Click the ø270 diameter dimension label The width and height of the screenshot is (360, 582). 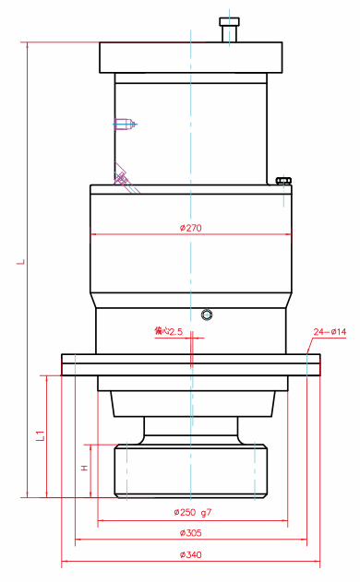pos(190,228)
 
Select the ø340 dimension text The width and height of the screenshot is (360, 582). pos(190,555)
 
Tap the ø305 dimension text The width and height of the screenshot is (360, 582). pos(190,533)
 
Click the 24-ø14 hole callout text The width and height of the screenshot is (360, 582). pos(330,331)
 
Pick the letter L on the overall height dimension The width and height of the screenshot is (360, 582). pos(20,262)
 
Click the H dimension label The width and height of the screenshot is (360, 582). pos(85,469)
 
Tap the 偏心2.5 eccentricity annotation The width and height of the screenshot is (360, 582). pos(169,330)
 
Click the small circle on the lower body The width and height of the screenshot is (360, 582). pos(206,315)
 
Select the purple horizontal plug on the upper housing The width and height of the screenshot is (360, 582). pos(125,124)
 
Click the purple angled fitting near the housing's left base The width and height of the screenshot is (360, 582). pos(123,178)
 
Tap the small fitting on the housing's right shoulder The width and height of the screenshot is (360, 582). pos(282,180)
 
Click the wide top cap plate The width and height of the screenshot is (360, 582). pos(190,58)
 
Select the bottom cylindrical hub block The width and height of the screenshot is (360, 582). pos(190,470)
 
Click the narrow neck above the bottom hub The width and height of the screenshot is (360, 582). pos(190,430)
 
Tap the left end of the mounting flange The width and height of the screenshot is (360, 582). pos(70,364)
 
